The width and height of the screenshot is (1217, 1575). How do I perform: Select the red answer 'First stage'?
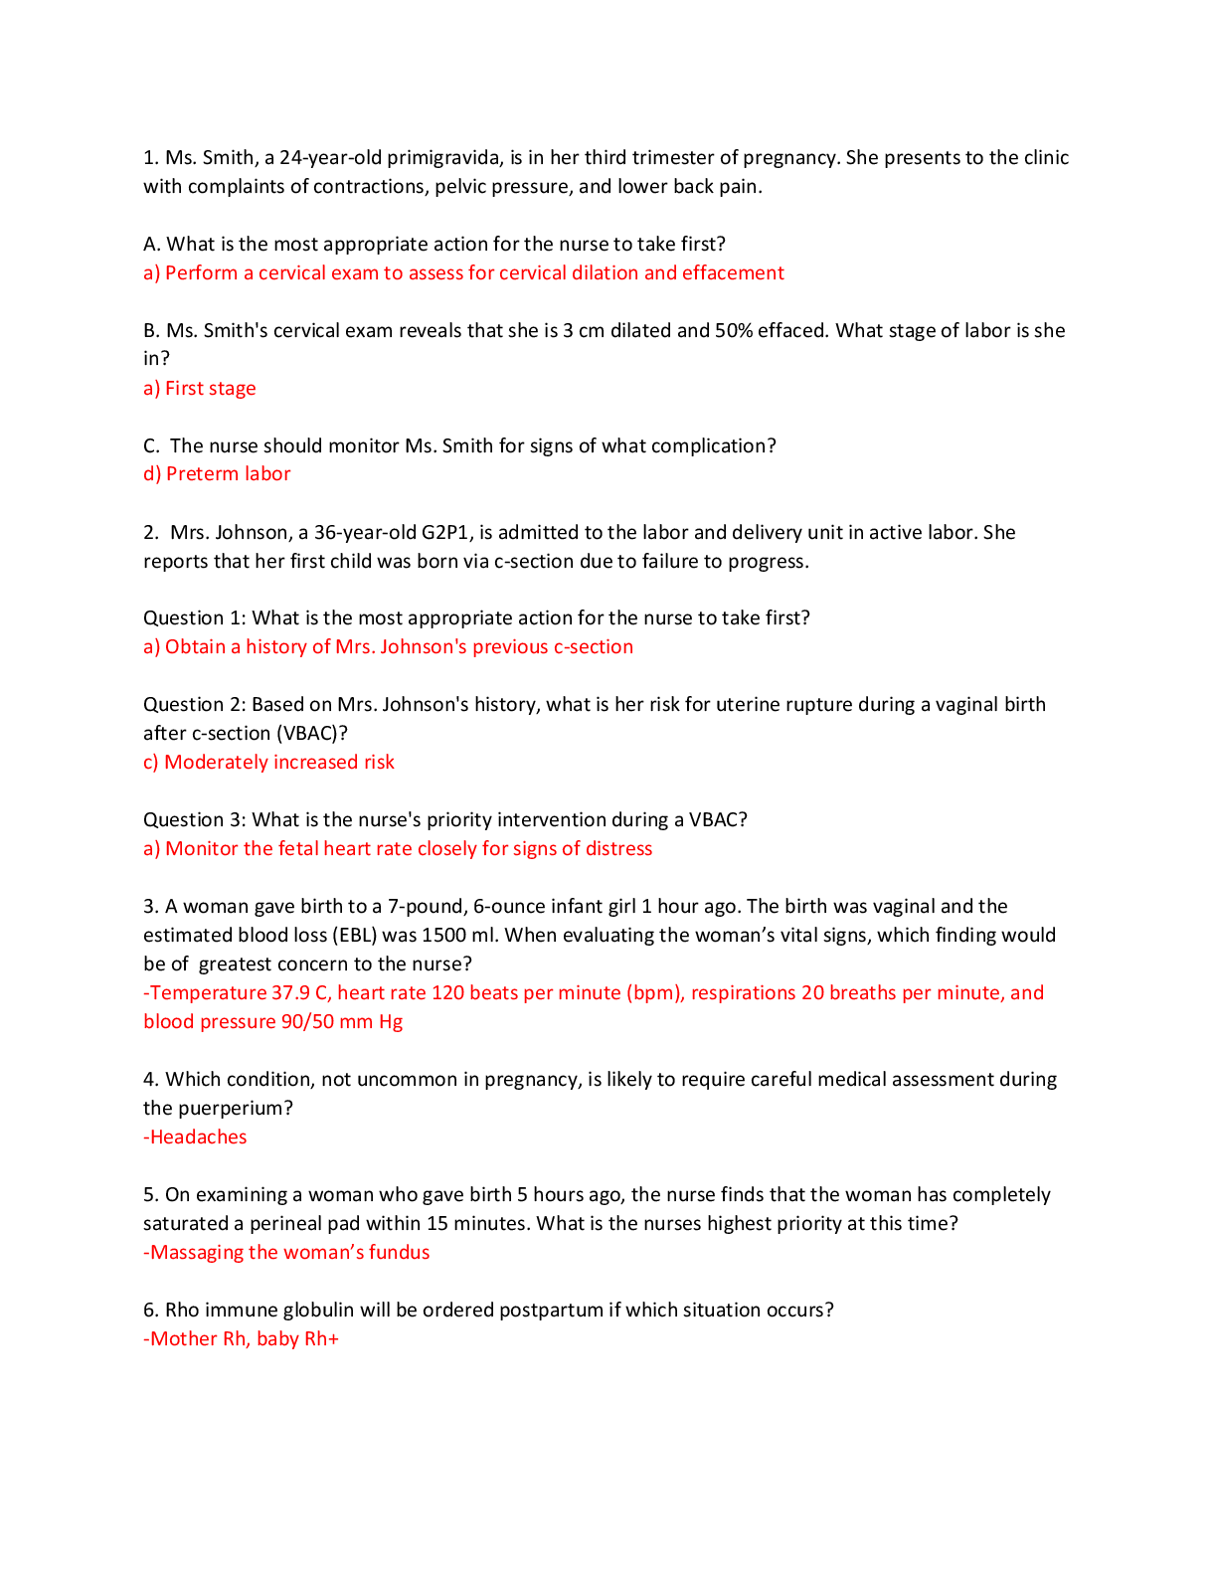tap(210, 389)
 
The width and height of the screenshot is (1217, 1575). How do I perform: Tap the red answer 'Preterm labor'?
tap(229, 474)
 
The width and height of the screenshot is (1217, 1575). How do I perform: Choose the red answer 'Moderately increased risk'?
tap(279, 763)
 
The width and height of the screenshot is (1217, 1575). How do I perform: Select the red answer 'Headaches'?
tap(198, 1137)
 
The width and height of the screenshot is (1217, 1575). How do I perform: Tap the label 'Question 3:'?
tap(195, 819)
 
